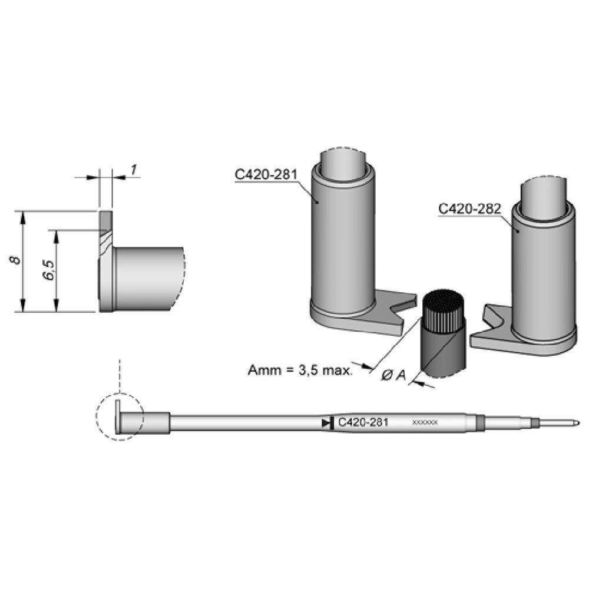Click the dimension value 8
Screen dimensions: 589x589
click(18, 260)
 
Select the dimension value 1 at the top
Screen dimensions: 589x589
click(134, 170)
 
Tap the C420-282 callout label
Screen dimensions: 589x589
click(469, 208)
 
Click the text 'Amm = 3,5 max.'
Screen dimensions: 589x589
click(300, 370)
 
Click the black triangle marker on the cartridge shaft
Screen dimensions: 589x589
click(326, 423)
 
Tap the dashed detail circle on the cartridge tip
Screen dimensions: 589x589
click(120, 416)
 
